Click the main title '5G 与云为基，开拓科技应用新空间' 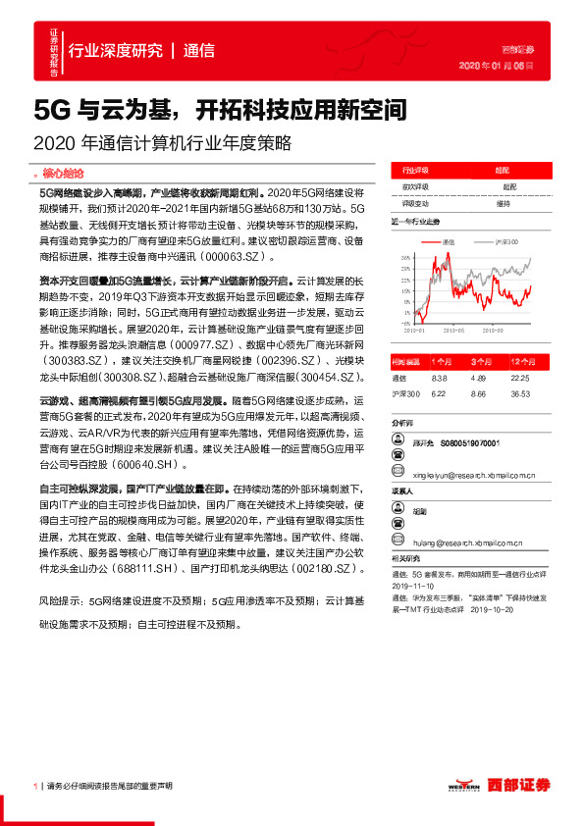pyautogui.click(x=220, y=107)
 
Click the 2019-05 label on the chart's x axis pyautogui.click(x=460, y=332)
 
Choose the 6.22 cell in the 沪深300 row pyautogui.click(x=439, y=392)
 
